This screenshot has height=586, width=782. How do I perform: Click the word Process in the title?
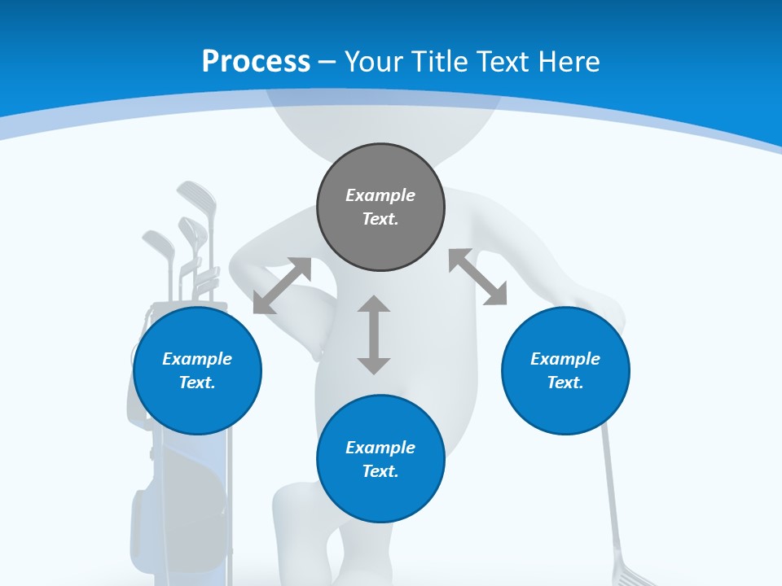[256, 62]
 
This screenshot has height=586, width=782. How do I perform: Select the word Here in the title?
[569, 62]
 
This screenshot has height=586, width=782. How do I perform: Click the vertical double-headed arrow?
[374, 335]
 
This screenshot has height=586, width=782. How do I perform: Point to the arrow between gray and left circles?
[282, 286]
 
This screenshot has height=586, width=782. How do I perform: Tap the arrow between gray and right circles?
[478, 277]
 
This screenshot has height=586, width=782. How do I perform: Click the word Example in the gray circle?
[380, 195]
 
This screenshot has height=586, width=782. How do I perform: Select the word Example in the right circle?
[565, 359]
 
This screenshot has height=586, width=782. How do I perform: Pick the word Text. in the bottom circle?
[380, 471]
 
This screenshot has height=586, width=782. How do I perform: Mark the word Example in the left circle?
[197, 359]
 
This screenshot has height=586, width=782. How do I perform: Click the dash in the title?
[327, 62]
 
